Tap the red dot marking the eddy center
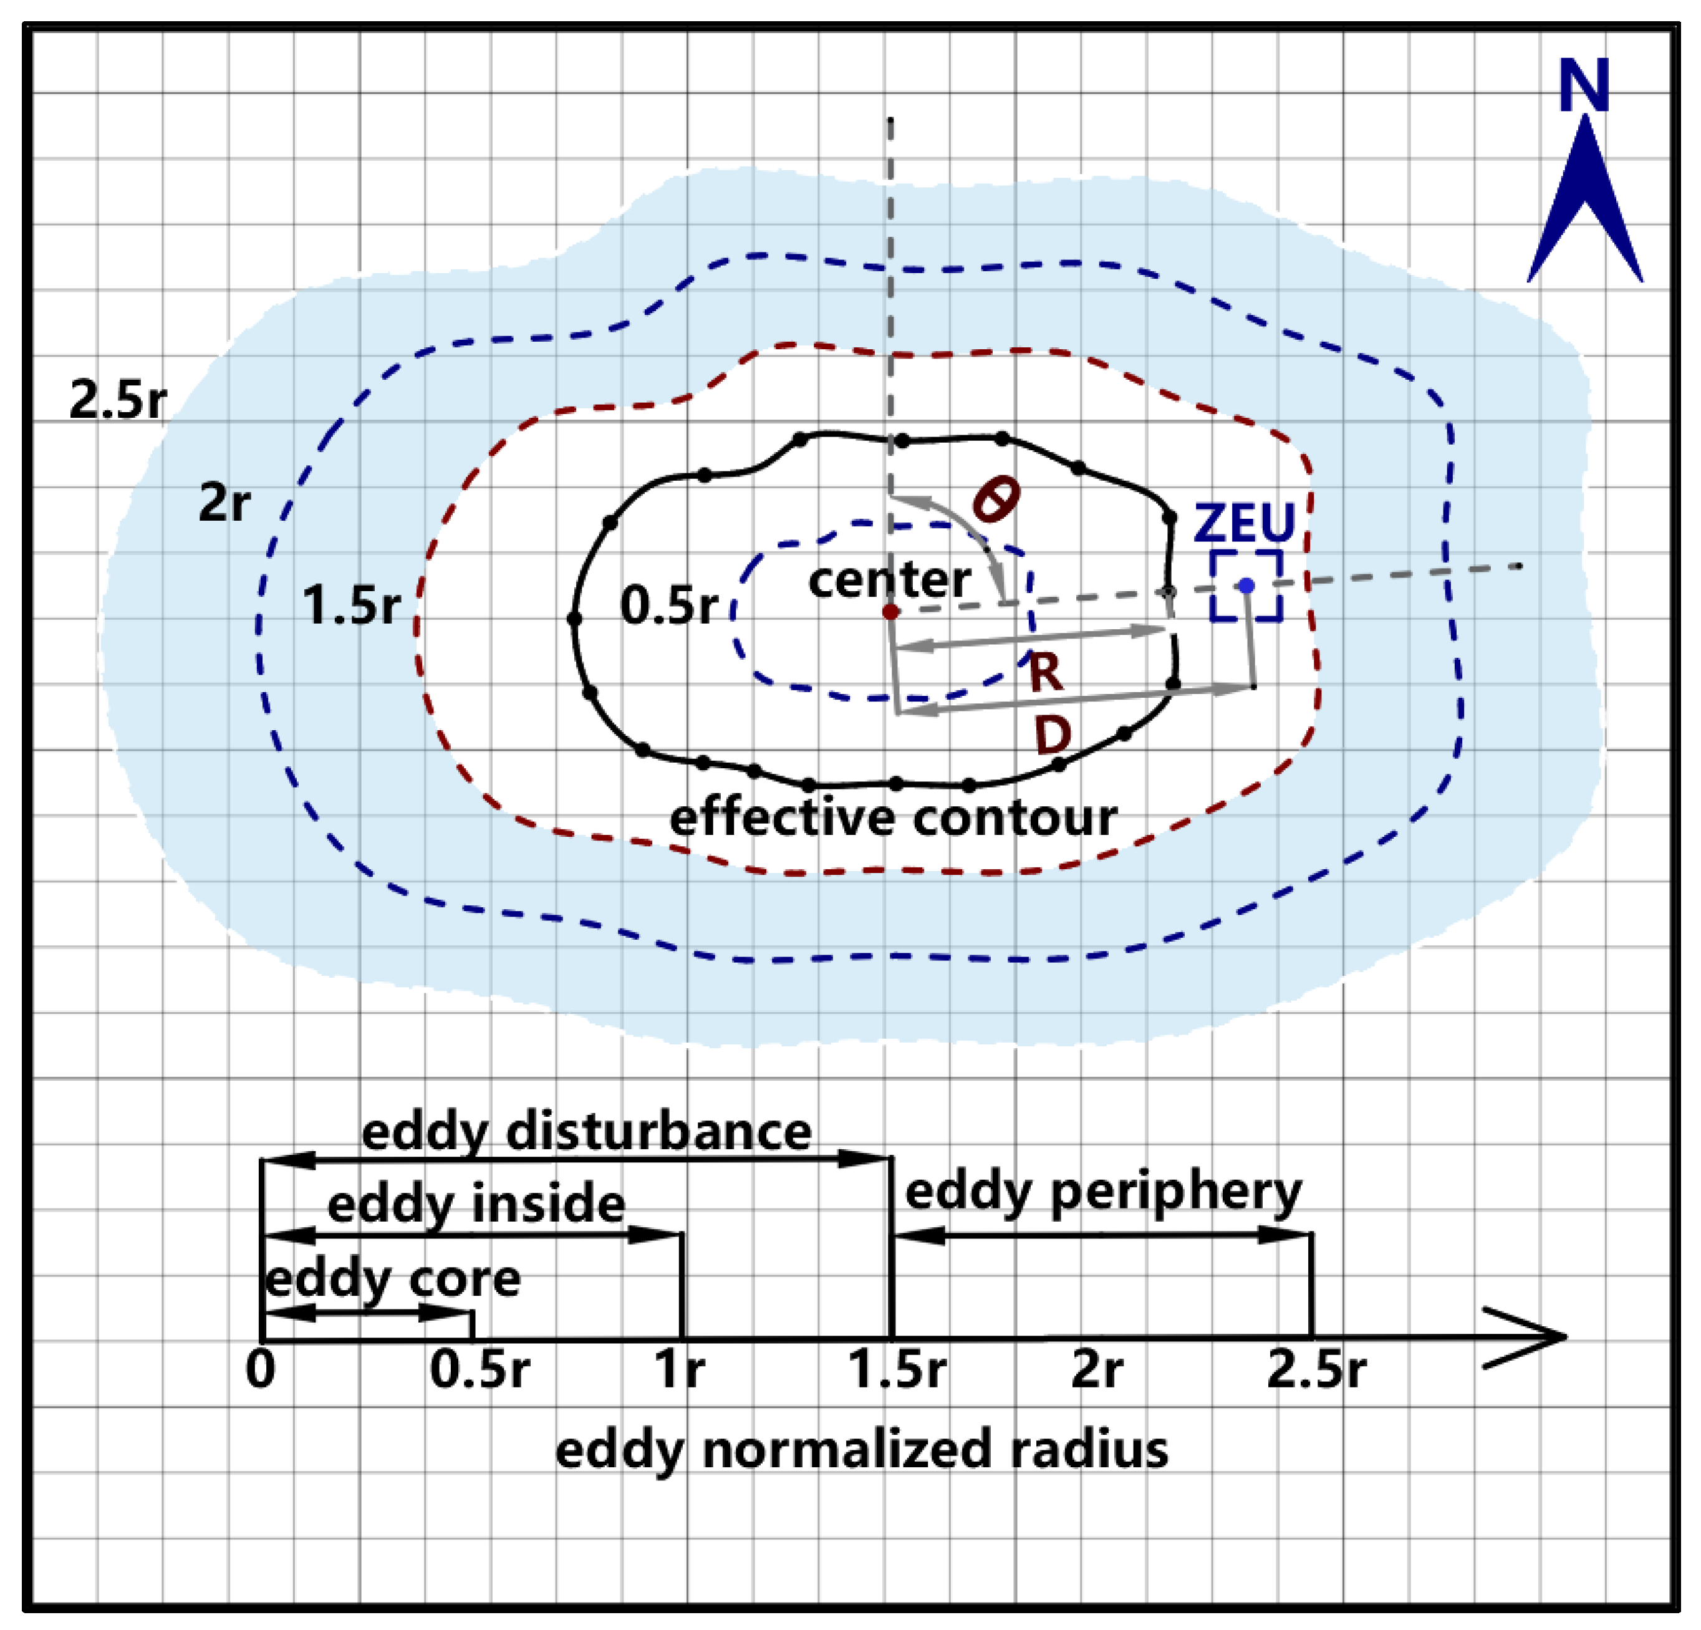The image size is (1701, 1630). click(x=890, y=612)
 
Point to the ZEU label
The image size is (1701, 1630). click(x=1245, y=523)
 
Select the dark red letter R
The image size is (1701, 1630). click(x=1046, y=673)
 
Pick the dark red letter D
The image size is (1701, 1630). click(x=1053, y=735)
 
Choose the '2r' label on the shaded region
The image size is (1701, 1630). click(x=224, y=502)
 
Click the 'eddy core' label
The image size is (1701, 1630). click(x=392, y=1278)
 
